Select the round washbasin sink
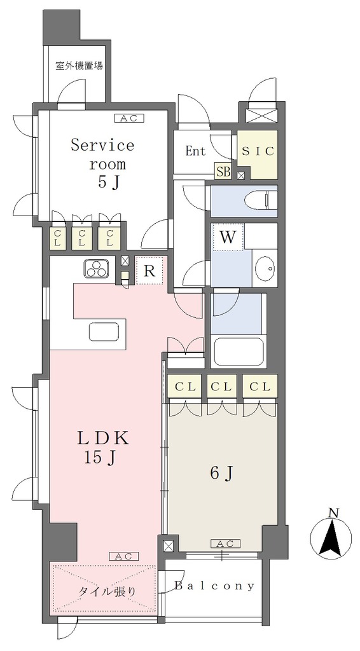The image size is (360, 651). click(264, 269)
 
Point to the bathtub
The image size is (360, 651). click(238, 351)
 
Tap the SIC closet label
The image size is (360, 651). click(258, 151)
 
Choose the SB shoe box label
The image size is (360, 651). click(223, 172)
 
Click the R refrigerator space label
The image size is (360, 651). click(149, 271)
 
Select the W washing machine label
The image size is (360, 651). click(227, 238)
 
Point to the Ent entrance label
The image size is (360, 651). click(195, 151)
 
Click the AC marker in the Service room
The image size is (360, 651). click(128, 119)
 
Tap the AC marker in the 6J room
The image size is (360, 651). click(225, 544)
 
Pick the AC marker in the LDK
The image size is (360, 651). click(124, 556)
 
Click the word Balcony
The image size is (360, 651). click(214, 586)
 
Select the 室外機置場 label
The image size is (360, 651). click(80, 65)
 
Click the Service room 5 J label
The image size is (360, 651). click(102, 164)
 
